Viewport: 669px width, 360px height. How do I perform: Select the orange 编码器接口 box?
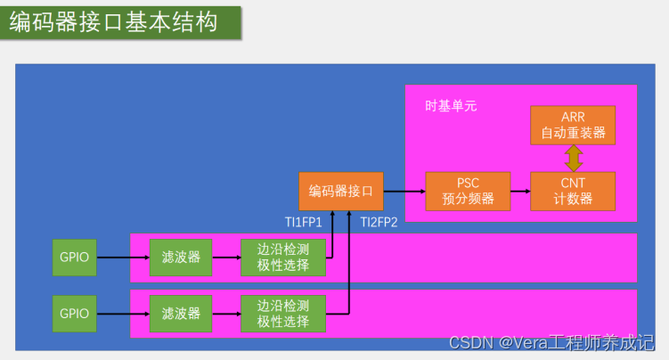341,191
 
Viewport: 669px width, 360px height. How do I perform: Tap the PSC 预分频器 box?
468,191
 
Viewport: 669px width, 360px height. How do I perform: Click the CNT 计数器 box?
573,191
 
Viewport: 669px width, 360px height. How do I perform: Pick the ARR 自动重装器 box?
573,126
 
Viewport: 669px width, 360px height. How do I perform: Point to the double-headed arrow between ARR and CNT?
573,159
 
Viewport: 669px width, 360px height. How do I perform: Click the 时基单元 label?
451,106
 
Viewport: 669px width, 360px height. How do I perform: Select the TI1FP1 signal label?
303,222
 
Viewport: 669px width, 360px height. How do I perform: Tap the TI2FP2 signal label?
379,222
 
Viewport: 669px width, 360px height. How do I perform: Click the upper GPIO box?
74,258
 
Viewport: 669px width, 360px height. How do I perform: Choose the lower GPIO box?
74,314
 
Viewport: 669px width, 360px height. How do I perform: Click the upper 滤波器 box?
181,258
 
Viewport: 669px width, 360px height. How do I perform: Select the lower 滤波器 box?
181,314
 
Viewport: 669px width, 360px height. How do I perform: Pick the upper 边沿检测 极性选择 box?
282,258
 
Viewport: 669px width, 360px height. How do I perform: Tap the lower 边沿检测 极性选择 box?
282,314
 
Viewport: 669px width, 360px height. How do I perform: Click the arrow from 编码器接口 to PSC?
404,191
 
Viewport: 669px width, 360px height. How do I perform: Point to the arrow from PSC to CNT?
520,191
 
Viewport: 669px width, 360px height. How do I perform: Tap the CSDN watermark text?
551,343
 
